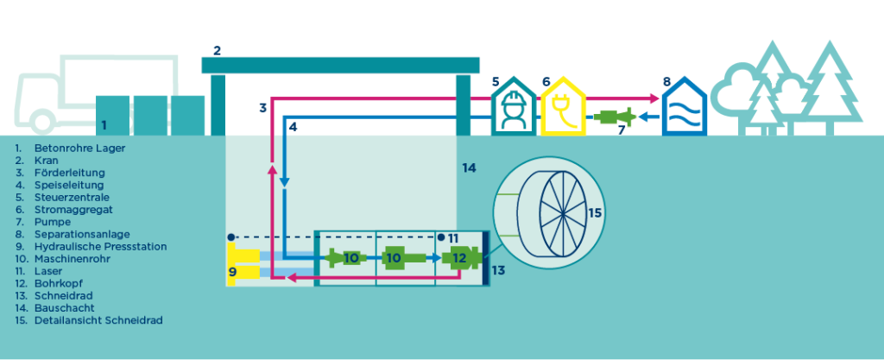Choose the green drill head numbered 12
coord(458,257)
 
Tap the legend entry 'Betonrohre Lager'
coord(65,148)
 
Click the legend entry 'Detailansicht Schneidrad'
coord(95,319)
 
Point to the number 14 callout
coord(469,167)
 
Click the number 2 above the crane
coord(217,51)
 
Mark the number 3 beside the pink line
coord(262,108)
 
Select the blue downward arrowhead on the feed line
coord(284,181)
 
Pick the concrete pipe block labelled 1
coord(113,116)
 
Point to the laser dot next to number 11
coord(441,237)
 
